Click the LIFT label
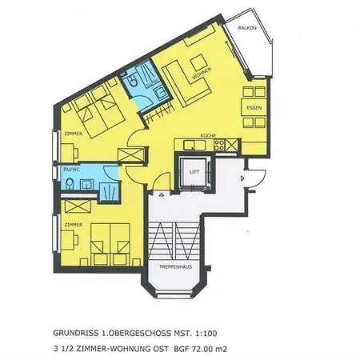coord(193,171)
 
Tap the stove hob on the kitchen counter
coord(230,145)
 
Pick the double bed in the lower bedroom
coord(106,241)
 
